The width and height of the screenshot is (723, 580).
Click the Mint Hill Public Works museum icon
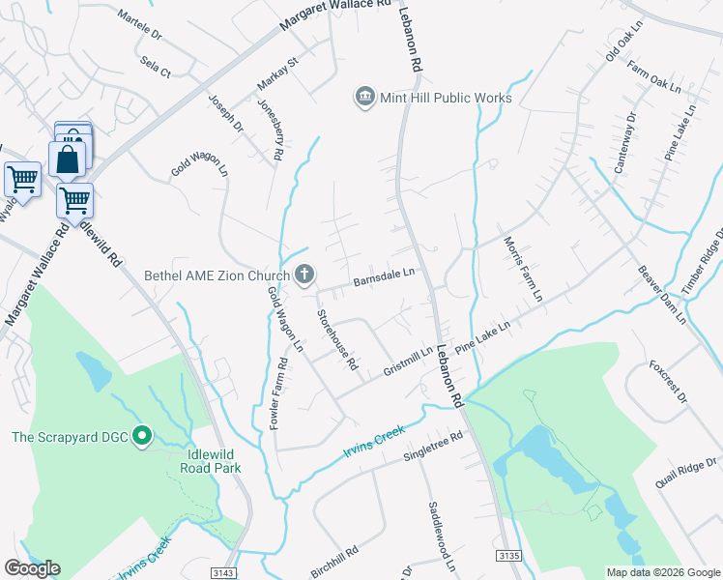364,97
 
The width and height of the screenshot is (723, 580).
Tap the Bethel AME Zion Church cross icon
304,275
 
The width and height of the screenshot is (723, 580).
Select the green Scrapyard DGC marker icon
142,437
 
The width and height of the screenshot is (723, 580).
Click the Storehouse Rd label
338,340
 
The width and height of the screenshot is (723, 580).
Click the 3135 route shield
509,555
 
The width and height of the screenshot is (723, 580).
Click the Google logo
32,568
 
